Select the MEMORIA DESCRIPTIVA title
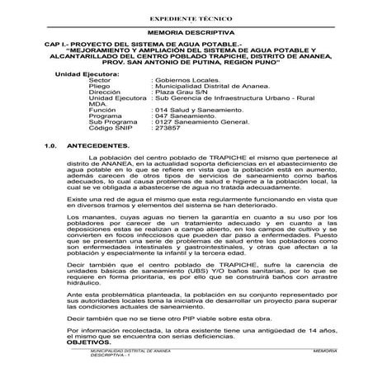coord(186,31)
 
